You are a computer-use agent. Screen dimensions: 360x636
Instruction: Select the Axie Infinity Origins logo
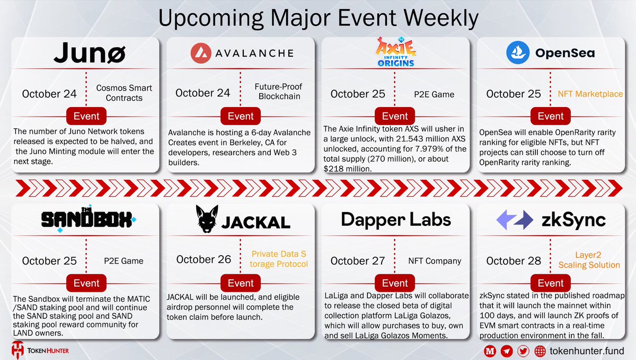pyautogui.click(x=395, y=52)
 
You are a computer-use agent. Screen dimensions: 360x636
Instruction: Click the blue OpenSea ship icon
pyautogui.click(x=517, y=53)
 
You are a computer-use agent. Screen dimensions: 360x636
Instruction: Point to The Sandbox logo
pyautogui.click(x=89, y=219)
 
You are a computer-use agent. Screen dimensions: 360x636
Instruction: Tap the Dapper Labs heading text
pyautogui.click(x=395, y=219)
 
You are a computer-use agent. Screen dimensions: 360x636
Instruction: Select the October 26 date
pyautogui.click(x=204, y=260)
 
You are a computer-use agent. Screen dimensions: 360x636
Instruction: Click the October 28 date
pyautogui.click(x=514, y=261)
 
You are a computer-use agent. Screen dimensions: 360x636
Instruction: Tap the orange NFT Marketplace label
pyautogui.click(x=590, y=94)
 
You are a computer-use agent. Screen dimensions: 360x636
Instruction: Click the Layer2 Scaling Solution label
pyautogui.click(x=589, y=260)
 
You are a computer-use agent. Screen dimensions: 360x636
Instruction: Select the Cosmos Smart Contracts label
pyautogui.click(x=124, y=93)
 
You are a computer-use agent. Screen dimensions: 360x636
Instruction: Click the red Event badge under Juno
pyautogui.click(x=86, y=117)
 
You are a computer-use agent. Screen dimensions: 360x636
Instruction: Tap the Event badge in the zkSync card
pyautogui.click(x=551, y=283)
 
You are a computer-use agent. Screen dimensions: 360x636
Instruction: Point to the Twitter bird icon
pyautogui.click(x=524, y=350)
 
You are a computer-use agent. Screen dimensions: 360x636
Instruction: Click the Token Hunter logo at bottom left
pyautogui.click(x=40, y=350)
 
